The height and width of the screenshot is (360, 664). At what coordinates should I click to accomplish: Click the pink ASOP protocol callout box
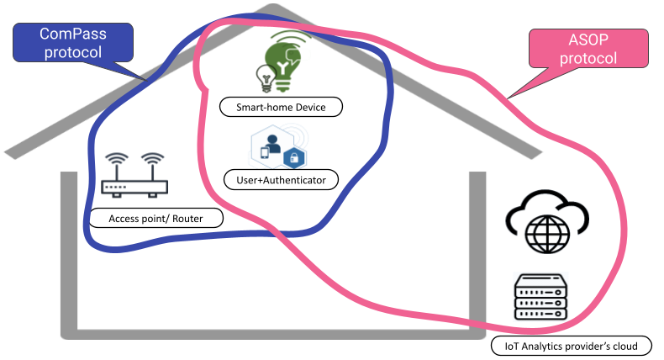pos(588,50)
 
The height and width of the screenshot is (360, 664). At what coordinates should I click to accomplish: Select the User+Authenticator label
pos(281,179)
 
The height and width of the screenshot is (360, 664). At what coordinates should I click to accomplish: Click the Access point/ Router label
pos(155,220)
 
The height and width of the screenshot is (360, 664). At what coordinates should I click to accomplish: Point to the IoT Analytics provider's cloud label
pos(572,346)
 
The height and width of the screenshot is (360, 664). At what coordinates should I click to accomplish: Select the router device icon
pos(130,188)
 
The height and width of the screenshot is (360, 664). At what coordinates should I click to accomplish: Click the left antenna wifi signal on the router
pos(117,160)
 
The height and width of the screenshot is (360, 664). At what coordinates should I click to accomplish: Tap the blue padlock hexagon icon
pos(292,156)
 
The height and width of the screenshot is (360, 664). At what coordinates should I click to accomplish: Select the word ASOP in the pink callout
pos(588,41)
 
